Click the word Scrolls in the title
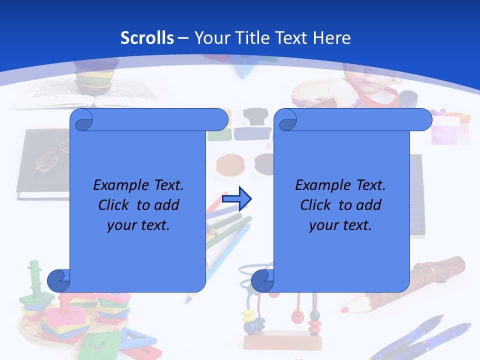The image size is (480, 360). pos(147,37)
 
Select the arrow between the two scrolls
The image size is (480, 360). pos(236,199)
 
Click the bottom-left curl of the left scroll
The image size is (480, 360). pos(58,280)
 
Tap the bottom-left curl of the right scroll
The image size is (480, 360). pos(262,280)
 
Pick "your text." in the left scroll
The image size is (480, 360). pos(138,225)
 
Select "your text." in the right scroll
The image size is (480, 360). pos(340,225)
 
